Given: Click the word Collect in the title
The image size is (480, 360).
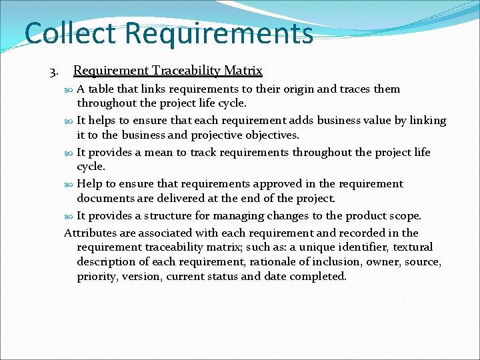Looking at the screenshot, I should (70, 33).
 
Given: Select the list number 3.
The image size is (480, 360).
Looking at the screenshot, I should (53, 71).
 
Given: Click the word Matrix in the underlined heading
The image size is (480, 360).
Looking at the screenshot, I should (243, 70).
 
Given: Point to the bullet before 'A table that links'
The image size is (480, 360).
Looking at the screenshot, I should (71, 89).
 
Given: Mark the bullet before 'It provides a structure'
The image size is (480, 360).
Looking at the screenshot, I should (71, 216).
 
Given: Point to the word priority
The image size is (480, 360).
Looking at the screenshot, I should (97, 277).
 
